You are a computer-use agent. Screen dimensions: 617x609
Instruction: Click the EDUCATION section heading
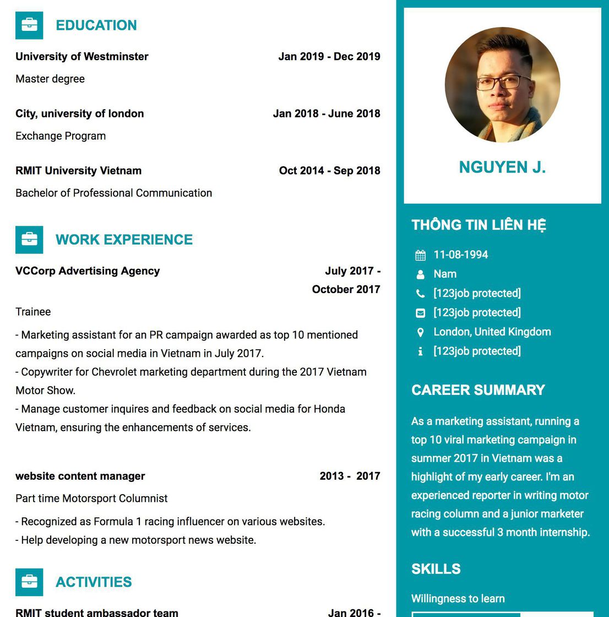[x=96, y=25]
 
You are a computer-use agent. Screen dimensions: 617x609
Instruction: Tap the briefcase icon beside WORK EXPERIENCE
[x=29, y=240]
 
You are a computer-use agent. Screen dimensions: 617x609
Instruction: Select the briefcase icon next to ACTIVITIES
[x=29, y=582]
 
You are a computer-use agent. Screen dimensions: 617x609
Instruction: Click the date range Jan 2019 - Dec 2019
[x=329, y=56]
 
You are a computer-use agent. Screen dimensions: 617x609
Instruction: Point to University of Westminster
[x=81, y=56]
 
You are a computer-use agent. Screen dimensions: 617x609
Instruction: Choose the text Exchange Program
[x=61, y=136]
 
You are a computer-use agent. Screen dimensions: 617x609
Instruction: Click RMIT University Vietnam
[x=78, y=171]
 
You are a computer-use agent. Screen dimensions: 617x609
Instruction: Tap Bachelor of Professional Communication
[x=113, y=193]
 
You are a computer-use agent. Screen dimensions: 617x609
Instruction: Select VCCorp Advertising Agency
[x=88, y=271]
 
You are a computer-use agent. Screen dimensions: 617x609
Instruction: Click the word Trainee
[x=33, y=312]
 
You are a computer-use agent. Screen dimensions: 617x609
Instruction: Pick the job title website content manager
[x=80, y=476]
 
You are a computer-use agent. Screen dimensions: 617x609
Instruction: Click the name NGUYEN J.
[x=502, y=167]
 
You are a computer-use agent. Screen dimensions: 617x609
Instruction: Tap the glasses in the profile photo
[x=502, y=83]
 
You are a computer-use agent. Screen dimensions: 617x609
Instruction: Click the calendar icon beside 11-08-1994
[x=420, y=255]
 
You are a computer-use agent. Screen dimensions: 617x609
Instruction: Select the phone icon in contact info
[x=420, y=294]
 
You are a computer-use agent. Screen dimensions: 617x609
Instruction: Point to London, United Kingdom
[x=492, y=332]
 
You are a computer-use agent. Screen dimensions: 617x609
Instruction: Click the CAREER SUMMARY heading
[x=478, y=390]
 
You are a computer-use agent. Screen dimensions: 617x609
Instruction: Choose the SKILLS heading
[x=436, y=569]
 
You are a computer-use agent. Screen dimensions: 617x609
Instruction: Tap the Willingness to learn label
[x=458, y=599]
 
